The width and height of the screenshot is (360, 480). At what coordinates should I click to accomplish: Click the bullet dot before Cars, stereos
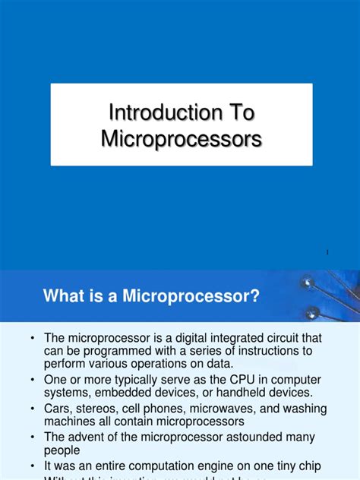click(x=33, y=409)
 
